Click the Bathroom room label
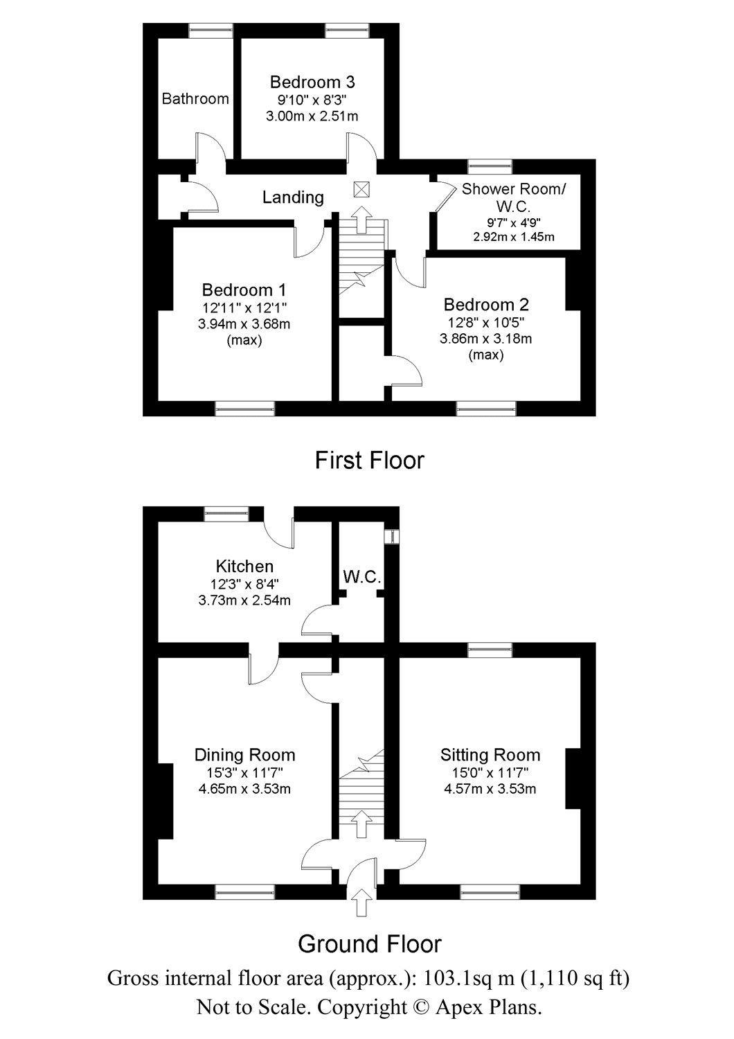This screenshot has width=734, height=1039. click(195, 99)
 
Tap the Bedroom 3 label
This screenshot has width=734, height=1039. click(312, 82)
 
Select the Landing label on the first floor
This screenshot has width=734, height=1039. click(293, 197)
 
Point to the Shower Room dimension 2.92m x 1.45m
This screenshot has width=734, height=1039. click(513, 237)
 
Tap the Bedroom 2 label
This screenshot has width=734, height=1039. click(486, 305)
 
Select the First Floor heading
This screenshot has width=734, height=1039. click(369, 460)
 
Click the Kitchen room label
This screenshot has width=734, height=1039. click(244, 566)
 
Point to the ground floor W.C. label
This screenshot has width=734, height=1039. click(361, 576)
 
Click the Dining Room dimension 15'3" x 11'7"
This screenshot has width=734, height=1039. click(244, 772)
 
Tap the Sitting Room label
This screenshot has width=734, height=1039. click(490, 755)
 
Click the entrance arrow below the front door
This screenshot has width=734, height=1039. click(361, 903)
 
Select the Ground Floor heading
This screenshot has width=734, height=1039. click(369, 943)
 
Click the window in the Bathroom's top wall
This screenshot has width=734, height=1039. click(211, 29)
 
